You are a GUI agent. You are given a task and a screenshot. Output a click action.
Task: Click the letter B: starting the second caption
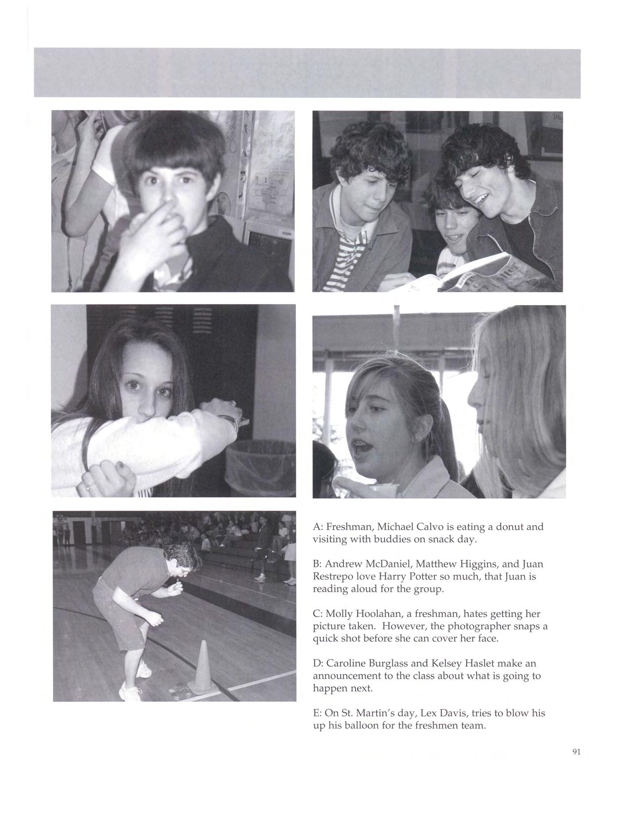[317, 564]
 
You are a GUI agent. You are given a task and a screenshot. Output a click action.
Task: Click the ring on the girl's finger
[87, 486]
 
